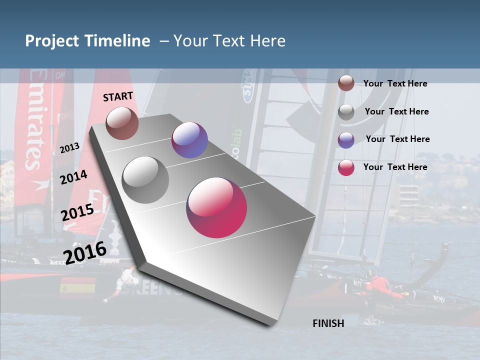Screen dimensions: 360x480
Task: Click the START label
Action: click(x=118, y=96)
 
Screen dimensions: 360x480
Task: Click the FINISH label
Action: click(x=328, y=323)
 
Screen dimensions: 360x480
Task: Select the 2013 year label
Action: click(x=69, y=147)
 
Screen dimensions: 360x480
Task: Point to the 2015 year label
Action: click(x=77, y=212)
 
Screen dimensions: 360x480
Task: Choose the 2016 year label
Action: click(x=85, y=252)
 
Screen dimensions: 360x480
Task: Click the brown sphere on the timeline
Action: click(x=122, y=123)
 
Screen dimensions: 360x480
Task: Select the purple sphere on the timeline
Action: click(x=189, y=140)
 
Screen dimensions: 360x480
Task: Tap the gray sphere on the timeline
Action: click(x=145, y=180)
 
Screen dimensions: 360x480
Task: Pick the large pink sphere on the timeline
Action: click(x=216, y=207)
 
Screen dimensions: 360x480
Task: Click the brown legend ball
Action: click(x=346, y=83)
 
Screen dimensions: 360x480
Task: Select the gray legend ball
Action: click(x=346, y=112)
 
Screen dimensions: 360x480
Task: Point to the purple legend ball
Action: click(x=346, y=140)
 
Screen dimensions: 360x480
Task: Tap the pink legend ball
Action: click(x=346, y=167)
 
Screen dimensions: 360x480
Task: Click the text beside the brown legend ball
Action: click(x=395, y=83)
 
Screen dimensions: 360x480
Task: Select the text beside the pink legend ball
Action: click(x=395, y=167)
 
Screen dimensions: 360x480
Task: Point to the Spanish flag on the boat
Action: click(x=78, y=287)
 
